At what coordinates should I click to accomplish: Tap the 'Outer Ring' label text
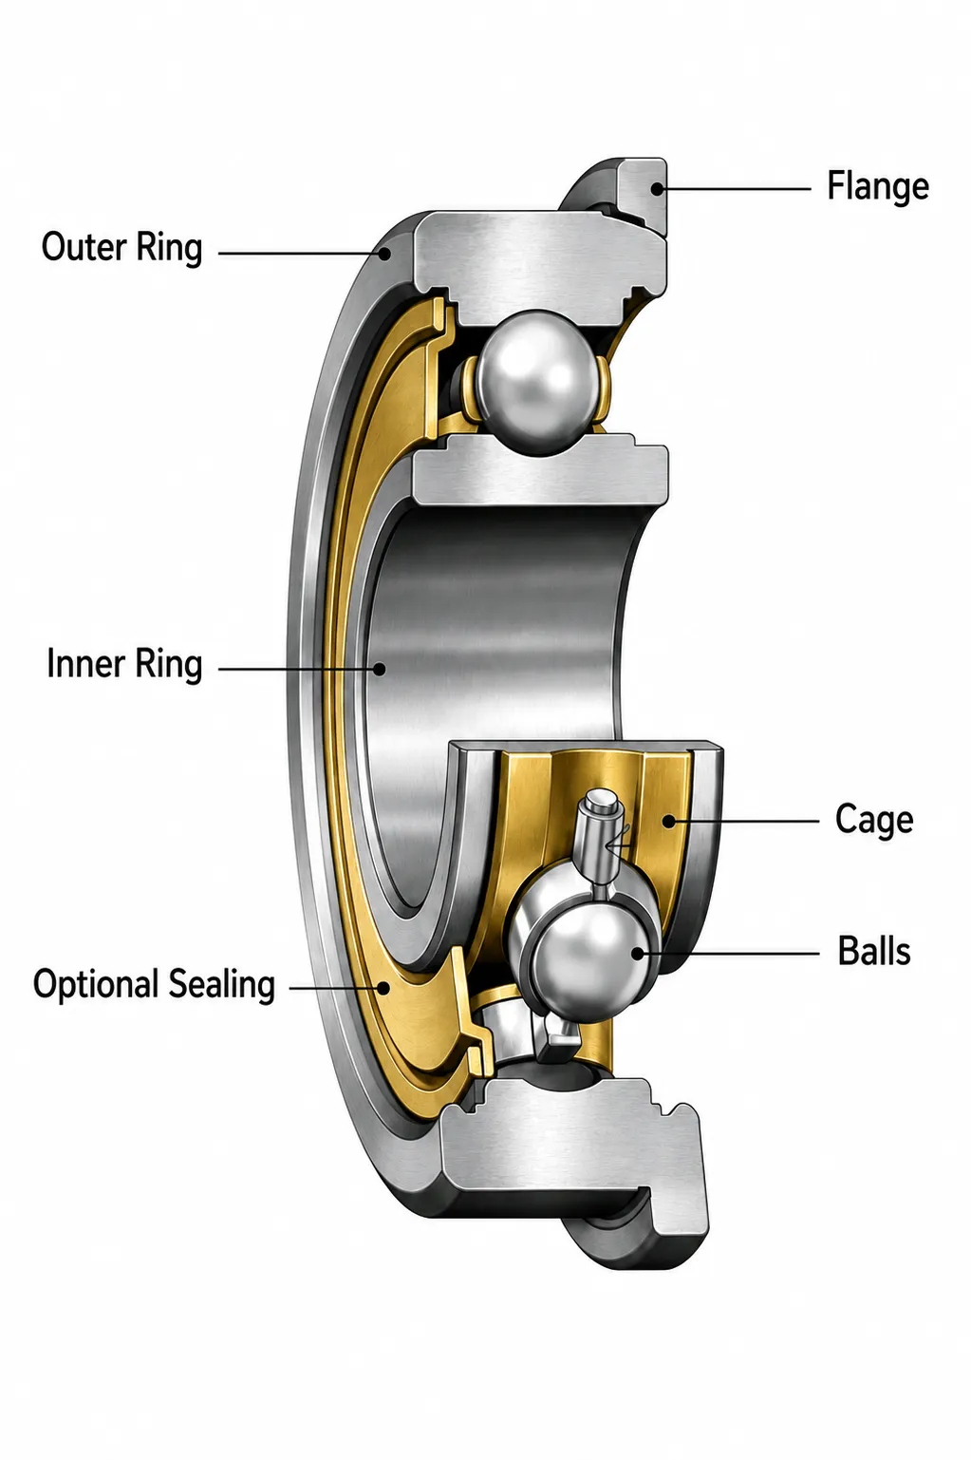[x=121, y=248]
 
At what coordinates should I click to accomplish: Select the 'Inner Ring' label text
[x=124, y=664]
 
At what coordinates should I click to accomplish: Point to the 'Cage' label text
[x=874, y=820]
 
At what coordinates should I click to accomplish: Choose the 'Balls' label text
[x=874, y=951]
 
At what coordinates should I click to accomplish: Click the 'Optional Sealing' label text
[x=154, y=985]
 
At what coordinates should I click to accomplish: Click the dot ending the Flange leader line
[x=658, y=189]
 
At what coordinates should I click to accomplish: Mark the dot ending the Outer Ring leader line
[x=385, y=254]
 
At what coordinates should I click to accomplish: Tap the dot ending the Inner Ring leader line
[x=379, y=669]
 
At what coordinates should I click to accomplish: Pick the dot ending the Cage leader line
[x=669, y=822]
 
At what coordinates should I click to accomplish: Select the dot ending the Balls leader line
[x=638, y=954]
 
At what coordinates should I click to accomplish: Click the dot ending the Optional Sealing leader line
[x=383, y=989]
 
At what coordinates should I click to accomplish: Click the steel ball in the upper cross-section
[x=536, y=382]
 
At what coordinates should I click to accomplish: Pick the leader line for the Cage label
[x=743, y=822]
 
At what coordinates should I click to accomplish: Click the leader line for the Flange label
[x=734, y=189]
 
